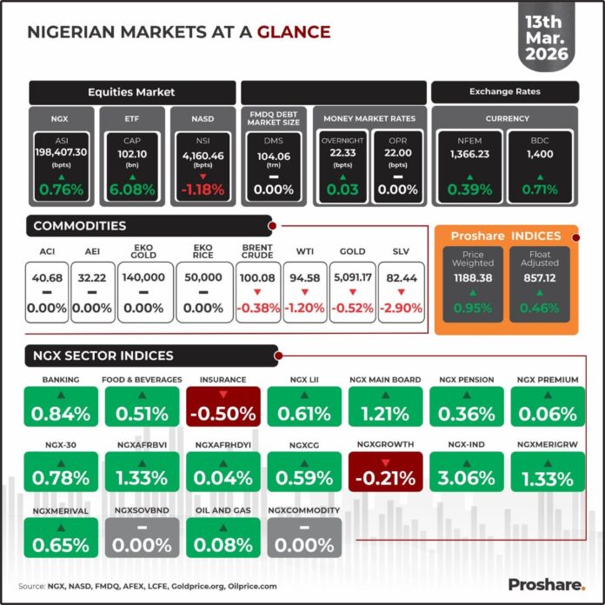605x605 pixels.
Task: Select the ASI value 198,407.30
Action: [x=61, y=153]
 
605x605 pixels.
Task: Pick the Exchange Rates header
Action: [x=504, y=90]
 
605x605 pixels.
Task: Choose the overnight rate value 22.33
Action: [x=343, y=153]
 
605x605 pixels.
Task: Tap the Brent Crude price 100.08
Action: [x=259, y=277]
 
